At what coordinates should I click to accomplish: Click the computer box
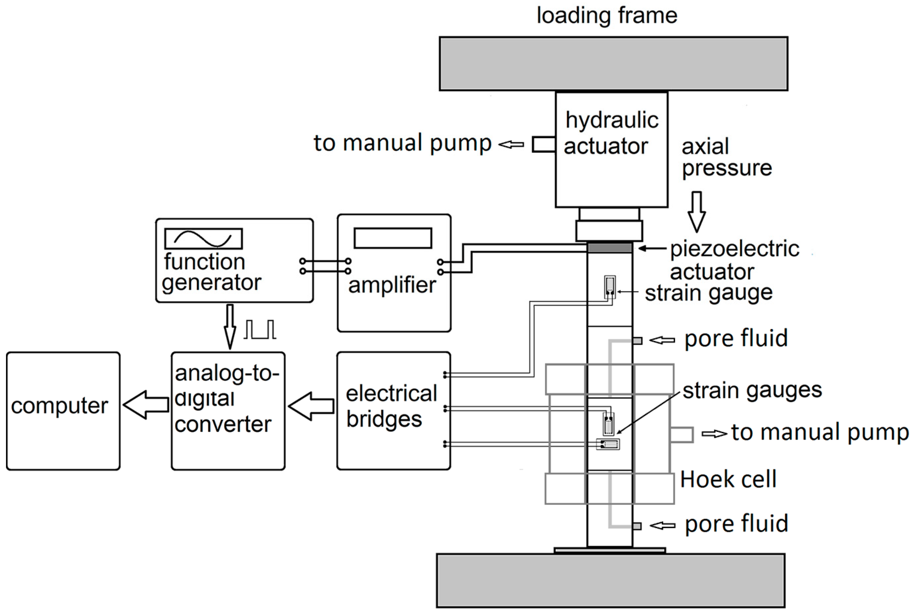(x=63, y=411)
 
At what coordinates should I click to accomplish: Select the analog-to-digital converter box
(x=228, y=411)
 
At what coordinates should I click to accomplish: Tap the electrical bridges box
(x=393, y=411)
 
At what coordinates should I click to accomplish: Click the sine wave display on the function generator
(x=203, y=238)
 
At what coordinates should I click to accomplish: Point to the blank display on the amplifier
(x=393, y=238)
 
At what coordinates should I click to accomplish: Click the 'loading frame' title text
(x=607, y=15)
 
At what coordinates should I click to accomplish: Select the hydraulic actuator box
(x=611, y=150)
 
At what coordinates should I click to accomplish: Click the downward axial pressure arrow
(x=696, y=211)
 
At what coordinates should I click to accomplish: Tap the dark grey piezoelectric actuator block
(x=610, y=248)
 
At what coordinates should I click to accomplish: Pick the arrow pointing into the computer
(x=146, y=405)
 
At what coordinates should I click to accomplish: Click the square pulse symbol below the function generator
(x=260, y=329)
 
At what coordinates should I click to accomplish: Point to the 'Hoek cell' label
(x=728, y=479)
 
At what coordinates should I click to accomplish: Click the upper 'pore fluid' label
(x=735, y=338)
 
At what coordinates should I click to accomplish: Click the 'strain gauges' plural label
(x=752, y=390)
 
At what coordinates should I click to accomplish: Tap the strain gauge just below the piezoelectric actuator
(x=610, y=287)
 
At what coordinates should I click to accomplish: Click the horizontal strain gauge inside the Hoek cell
(x=608, y=444)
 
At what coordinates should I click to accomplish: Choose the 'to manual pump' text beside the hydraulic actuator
(x=402, y=143)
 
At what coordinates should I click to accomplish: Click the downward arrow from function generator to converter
(x=230, y=327)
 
